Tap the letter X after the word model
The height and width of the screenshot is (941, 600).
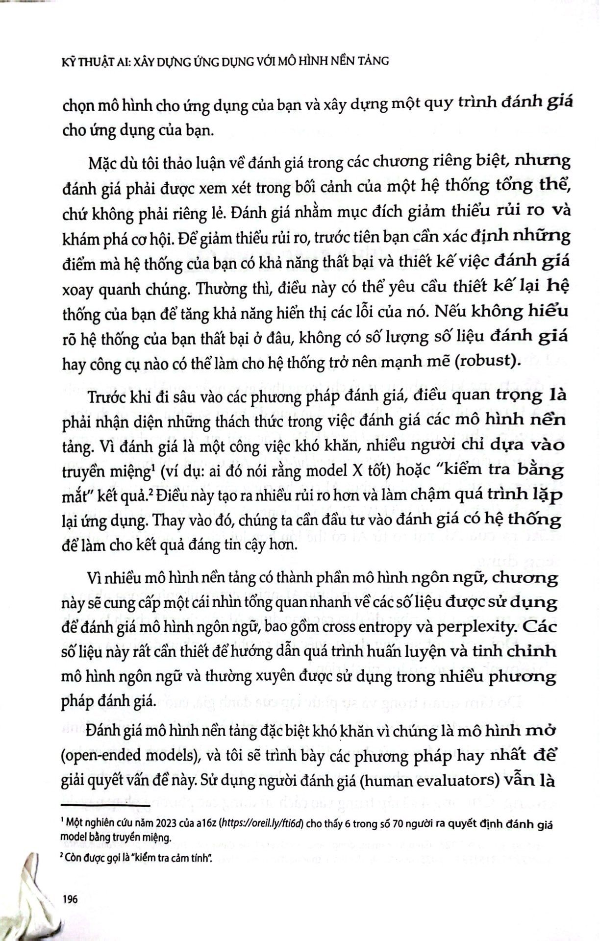coord(354,470)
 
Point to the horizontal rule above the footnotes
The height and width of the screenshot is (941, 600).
coord(106,805)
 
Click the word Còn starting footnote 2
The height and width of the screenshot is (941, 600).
coord(76,857)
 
